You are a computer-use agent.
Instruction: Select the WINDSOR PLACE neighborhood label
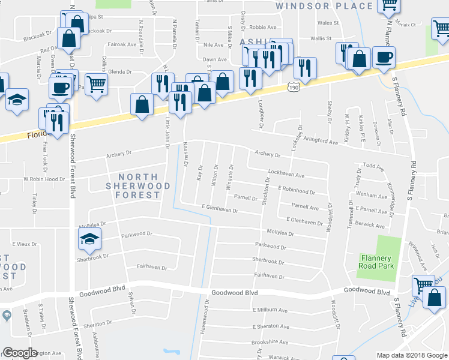pyautogui.click(x=324, y=6)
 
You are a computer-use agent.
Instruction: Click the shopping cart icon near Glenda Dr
pyautogui.click(x=95, y=84)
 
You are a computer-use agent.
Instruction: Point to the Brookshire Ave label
pyautogui.click(x=270, y=341)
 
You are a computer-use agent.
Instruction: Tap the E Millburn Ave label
pyautogui.click(x=271, y=310)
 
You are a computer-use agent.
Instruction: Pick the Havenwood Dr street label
pyautogui.click(x=205, y=319)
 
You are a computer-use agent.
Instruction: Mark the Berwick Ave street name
pyautogui.click(x=370, y=226)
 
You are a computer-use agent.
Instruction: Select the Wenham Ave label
pyautogui.click(x=372, y=196)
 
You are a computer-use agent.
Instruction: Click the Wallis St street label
pyautogui.click(x=321, y=38)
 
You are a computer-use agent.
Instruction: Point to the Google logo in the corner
pyautogui.click(x=20, y=353)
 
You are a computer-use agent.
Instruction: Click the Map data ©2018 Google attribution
pyautogui.click(x=412, y=355)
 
